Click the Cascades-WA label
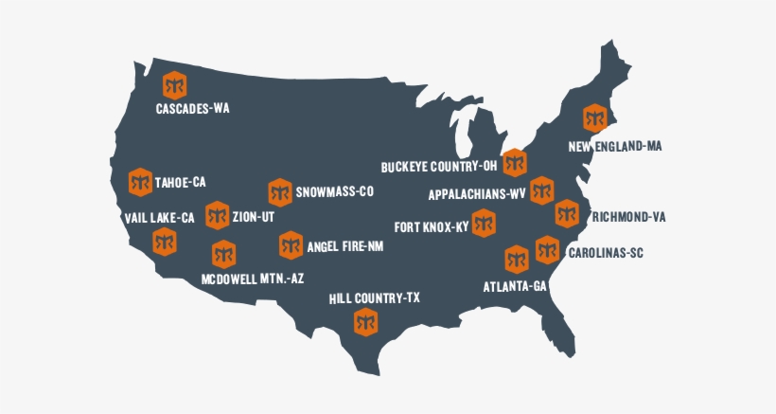192,109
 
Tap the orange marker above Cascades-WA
174,84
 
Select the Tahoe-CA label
180,181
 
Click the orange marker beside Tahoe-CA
140,181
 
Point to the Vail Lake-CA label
159,218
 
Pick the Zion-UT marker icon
217,215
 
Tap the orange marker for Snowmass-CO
279,192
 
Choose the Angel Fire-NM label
344,246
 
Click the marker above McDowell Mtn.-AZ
223,254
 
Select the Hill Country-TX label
374,298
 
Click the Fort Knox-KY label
431,227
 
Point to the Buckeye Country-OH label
439,167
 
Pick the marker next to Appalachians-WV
541,190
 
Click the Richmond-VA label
629,217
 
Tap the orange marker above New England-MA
594,118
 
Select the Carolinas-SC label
607,254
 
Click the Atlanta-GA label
515,286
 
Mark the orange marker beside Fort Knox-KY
485,225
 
